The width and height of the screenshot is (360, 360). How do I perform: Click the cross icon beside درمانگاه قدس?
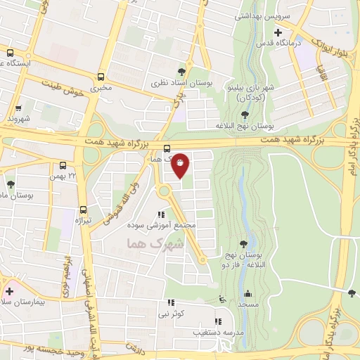tap(278, 32)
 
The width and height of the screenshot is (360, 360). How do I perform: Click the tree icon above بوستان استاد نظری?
tap(182, 71)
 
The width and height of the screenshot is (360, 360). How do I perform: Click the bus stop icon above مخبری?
tap(101, 77)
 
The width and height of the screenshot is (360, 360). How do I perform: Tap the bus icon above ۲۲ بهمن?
tap(64, 166)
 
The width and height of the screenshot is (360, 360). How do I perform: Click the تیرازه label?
tap(84, 220)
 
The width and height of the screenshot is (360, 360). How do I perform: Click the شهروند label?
tap(20, 119)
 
